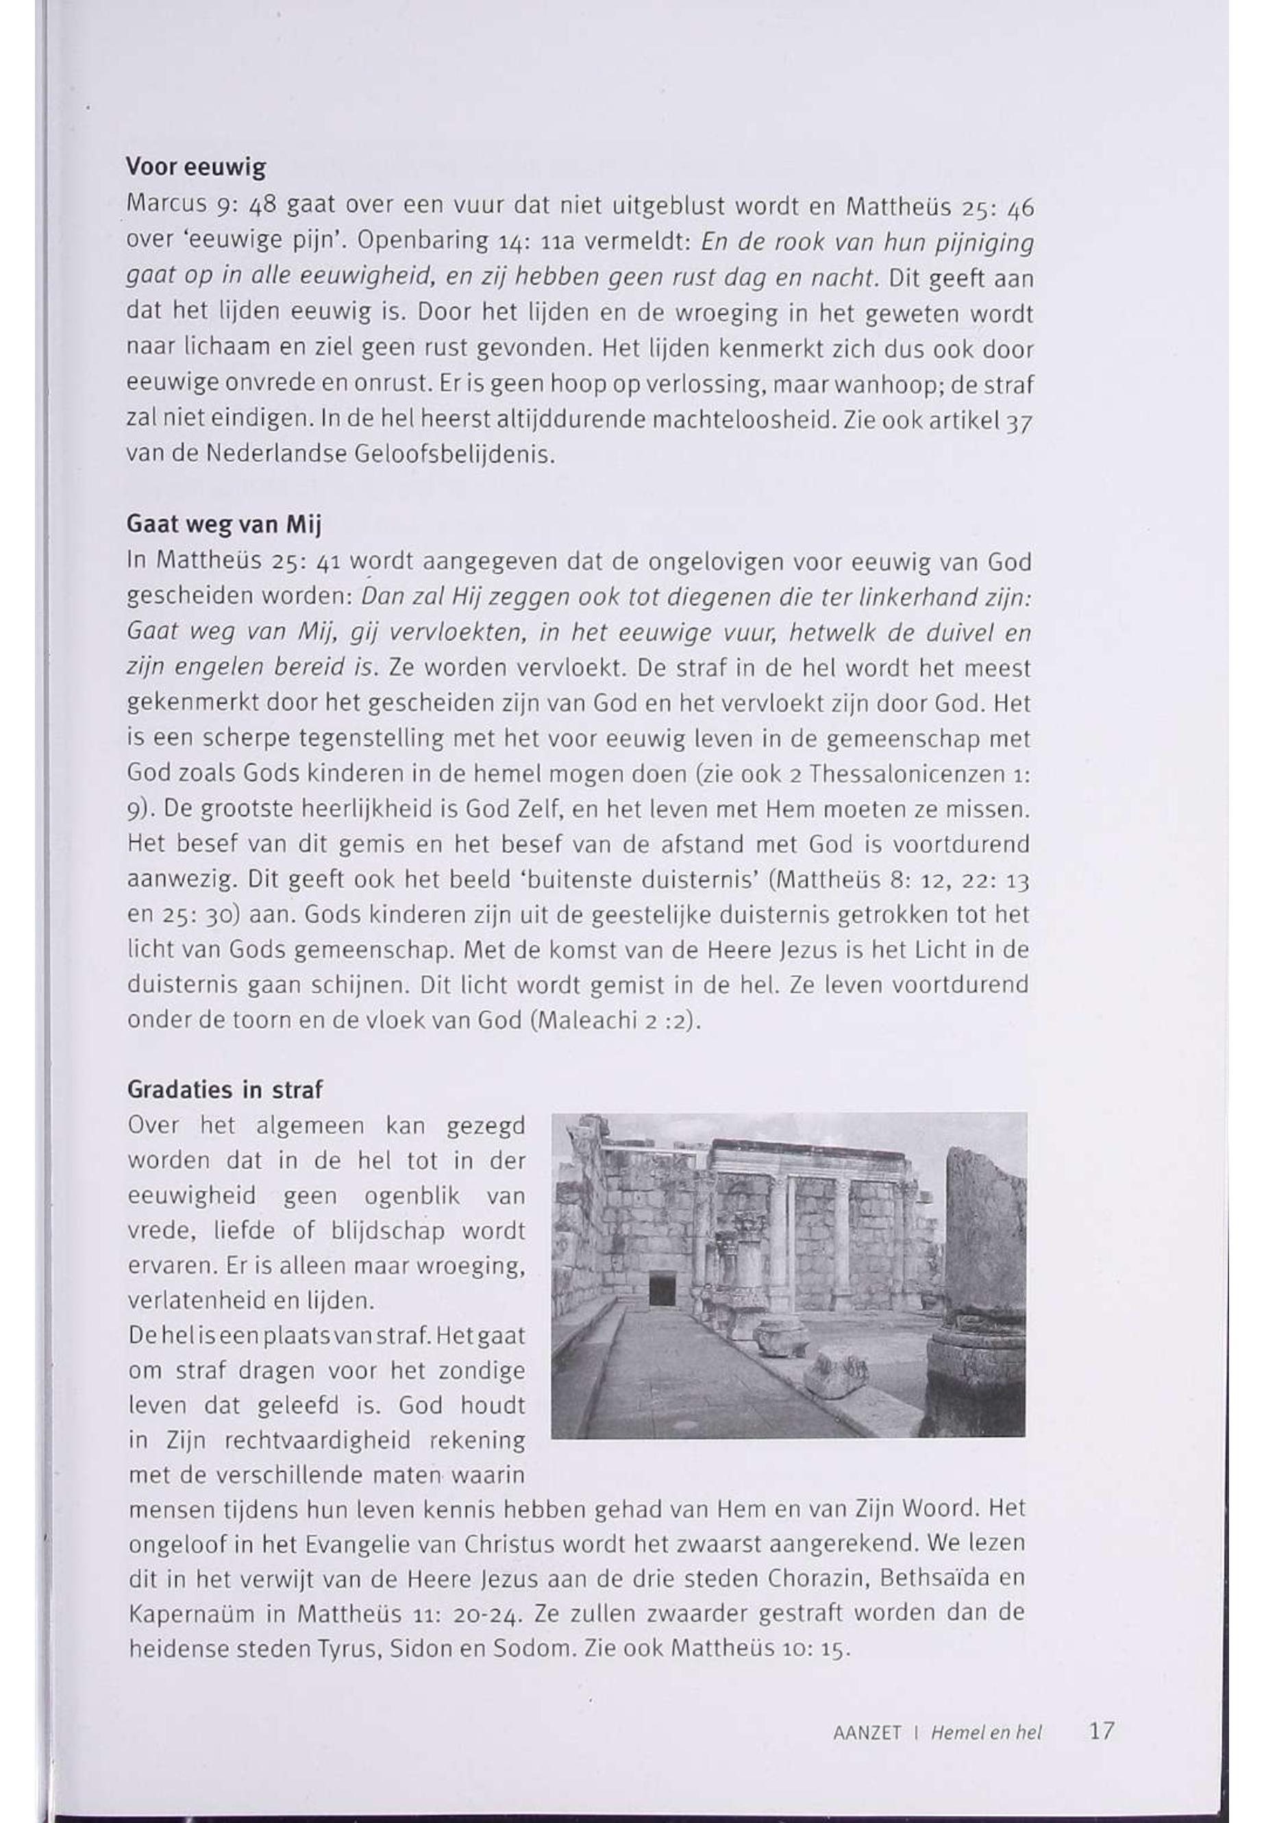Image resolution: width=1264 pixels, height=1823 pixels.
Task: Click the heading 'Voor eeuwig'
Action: point(196,168)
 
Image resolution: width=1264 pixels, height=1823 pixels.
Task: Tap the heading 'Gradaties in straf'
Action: point(225,1090)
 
